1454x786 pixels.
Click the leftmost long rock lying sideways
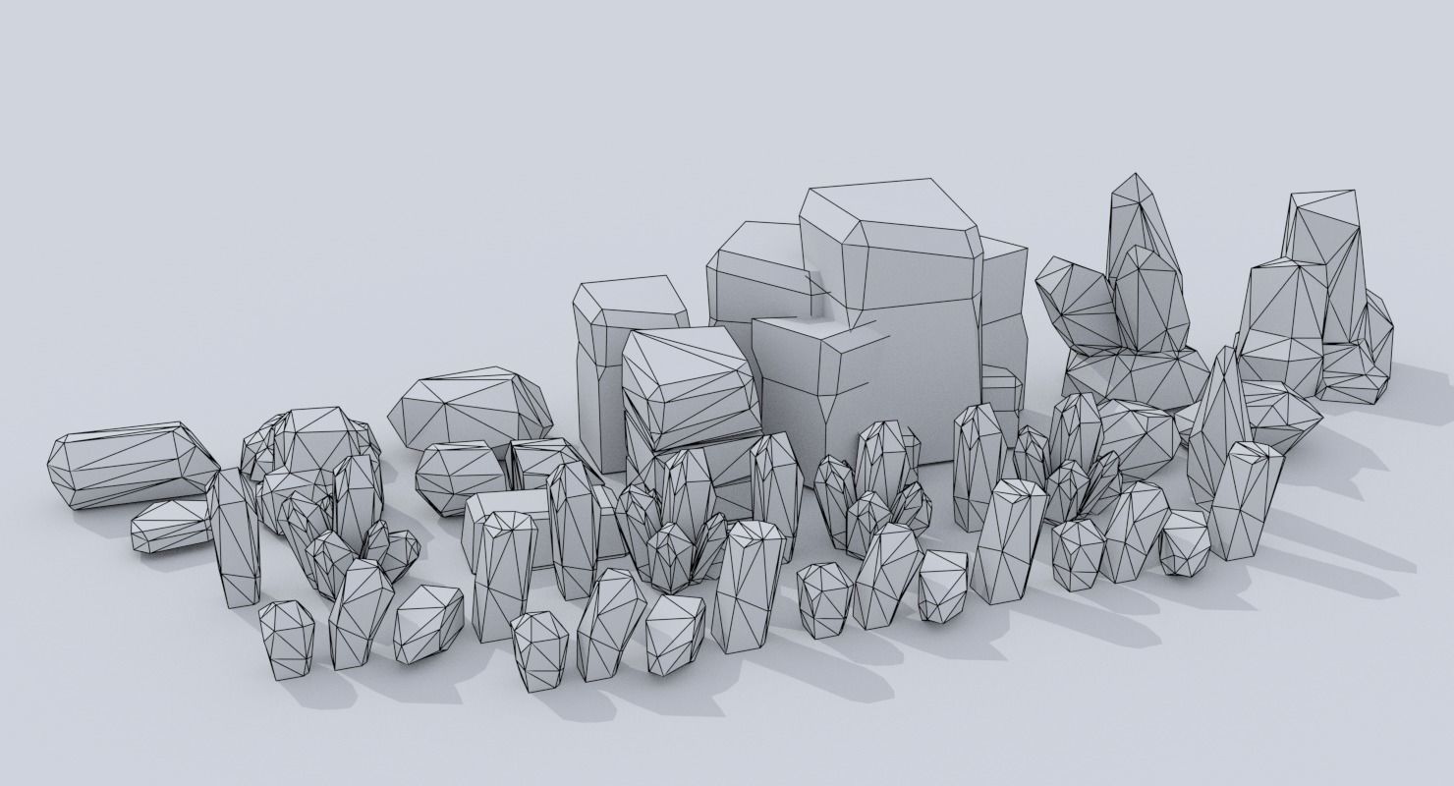click(128, 467)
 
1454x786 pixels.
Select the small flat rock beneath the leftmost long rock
click(169, 526)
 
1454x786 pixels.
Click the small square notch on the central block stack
click(814, 295)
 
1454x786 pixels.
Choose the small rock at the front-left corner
click(286, 639)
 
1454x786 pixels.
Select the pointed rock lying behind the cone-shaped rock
click(1277, 413)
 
